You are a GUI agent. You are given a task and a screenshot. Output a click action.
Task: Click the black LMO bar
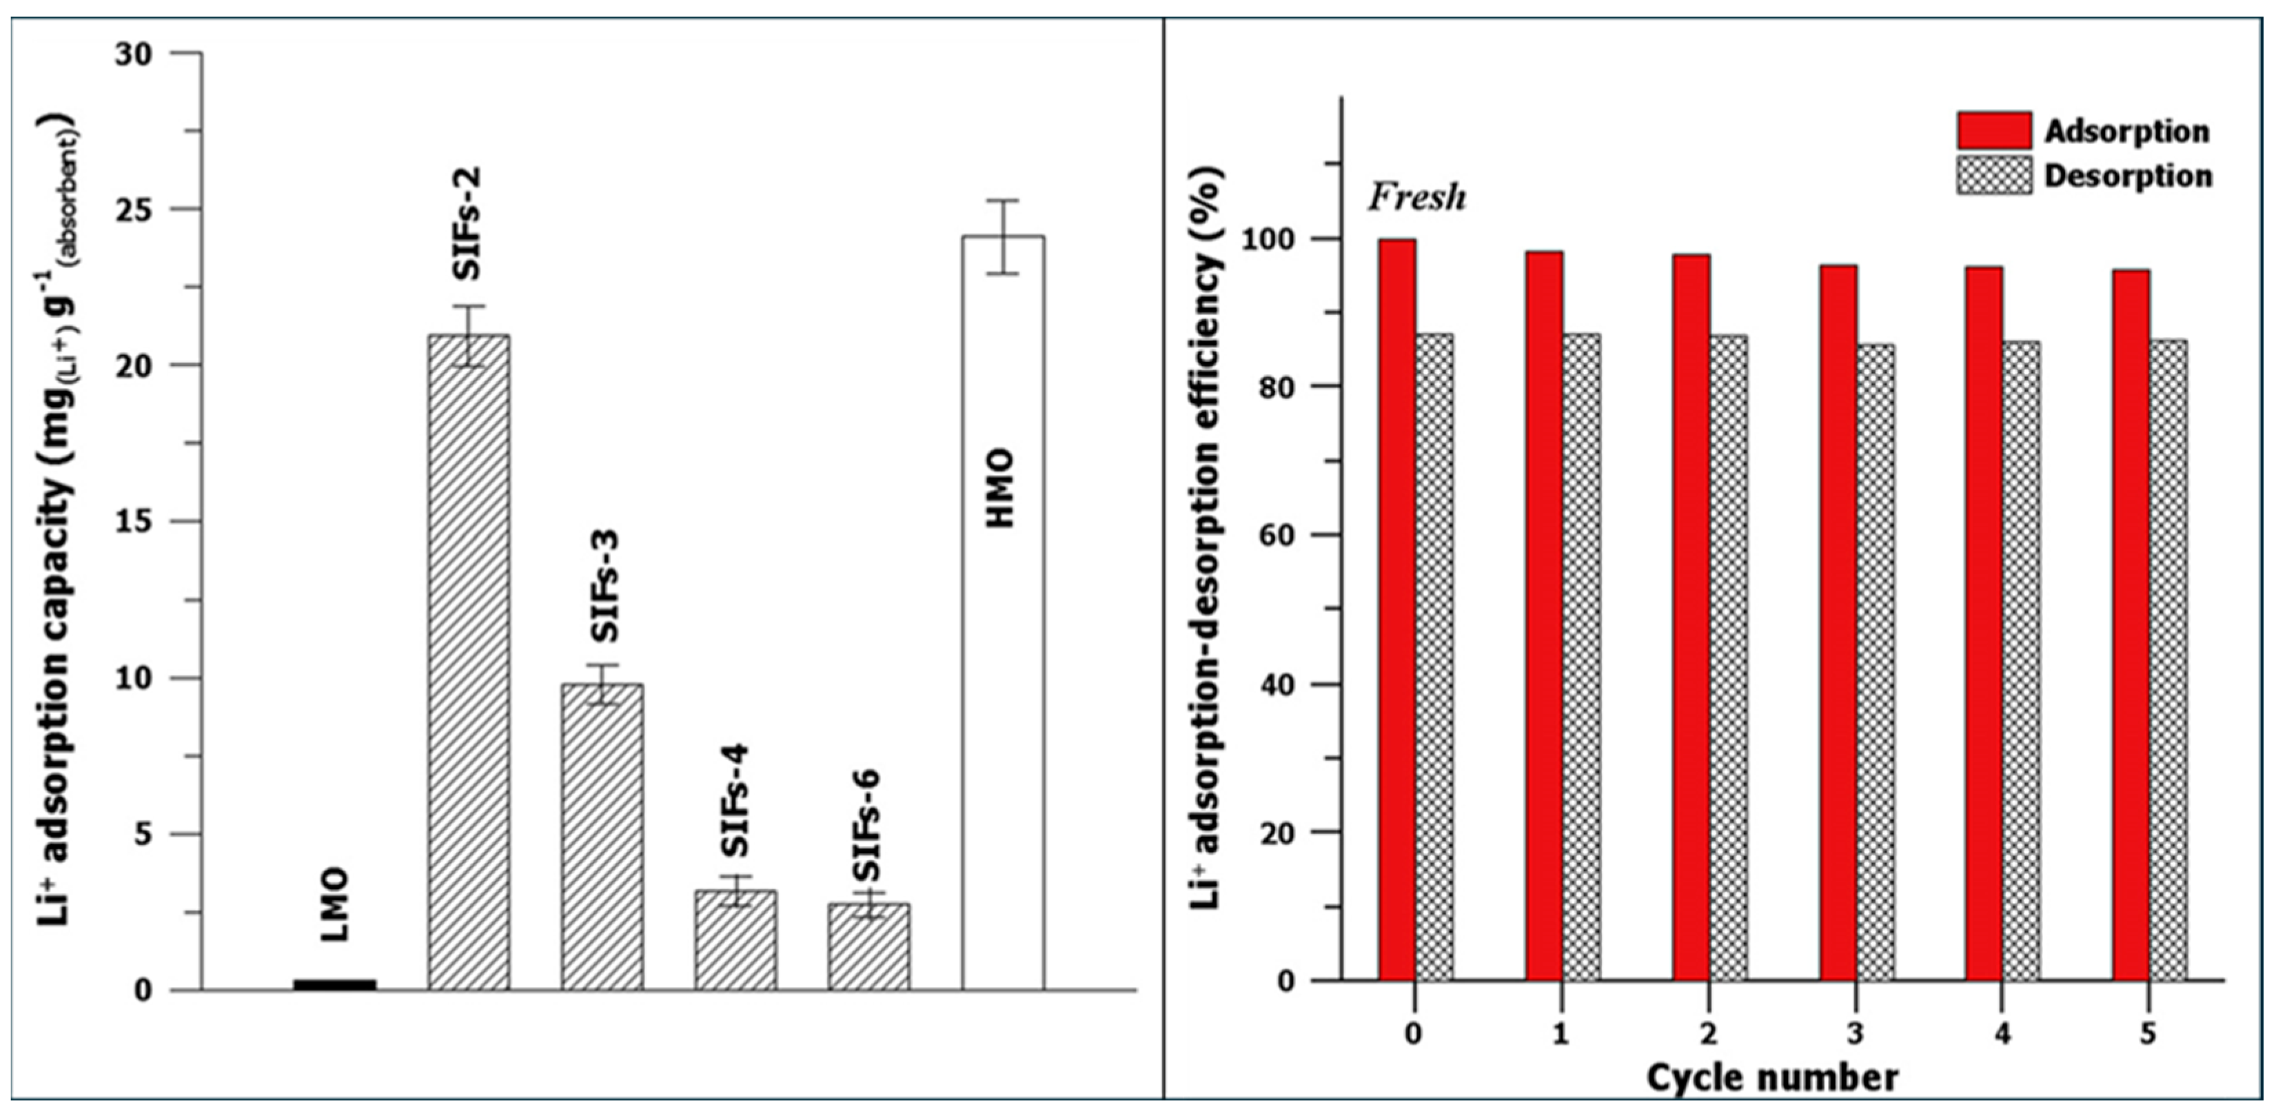coord(334,984)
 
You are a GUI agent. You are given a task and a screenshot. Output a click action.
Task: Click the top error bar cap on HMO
coord(1003,201)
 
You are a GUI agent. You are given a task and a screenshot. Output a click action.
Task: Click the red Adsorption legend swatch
coord(1993,131)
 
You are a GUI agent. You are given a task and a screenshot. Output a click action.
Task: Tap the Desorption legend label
coord(2128,176)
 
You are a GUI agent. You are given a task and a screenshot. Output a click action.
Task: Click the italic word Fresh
coord(1416,196)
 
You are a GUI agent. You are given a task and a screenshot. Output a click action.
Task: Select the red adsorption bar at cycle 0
coord(1397,610)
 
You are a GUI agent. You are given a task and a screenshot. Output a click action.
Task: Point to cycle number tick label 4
coord(2002,1033)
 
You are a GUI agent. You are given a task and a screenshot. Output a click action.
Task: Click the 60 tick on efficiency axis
coord(1276,536)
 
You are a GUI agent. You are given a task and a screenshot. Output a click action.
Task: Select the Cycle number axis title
coord(1771,1078)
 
